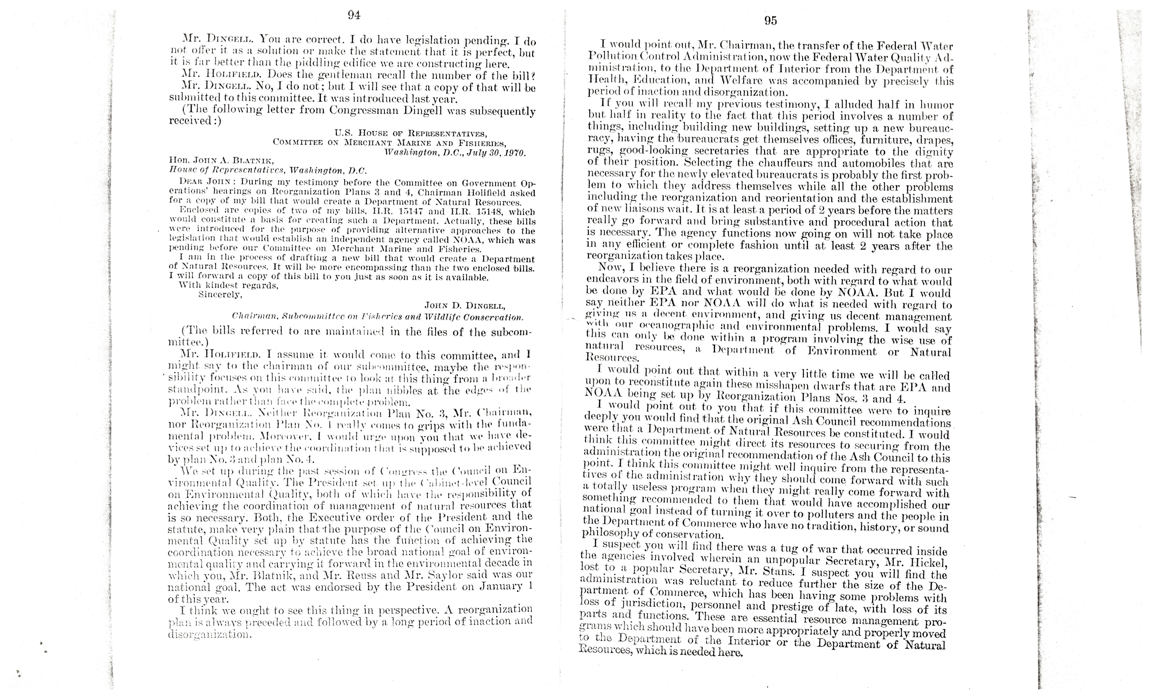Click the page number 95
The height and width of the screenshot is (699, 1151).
(770, 21)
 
